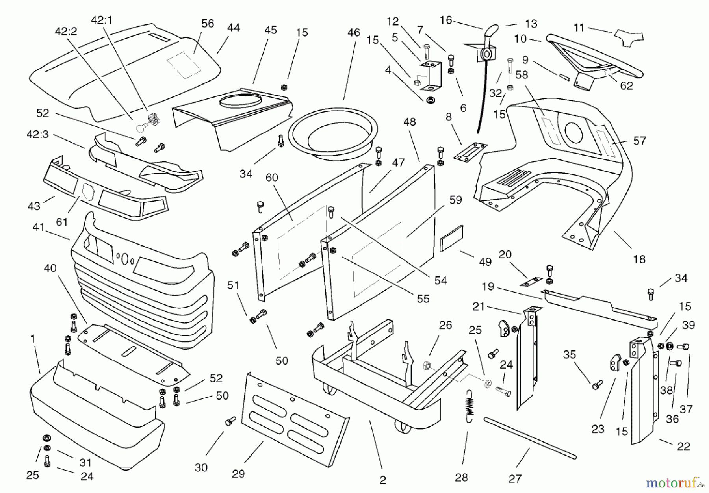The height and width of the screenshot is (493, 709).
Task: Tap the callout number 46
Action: click(x=354, y=33)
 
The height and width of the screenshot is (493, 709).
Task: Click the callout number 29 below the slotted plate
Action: click(x=238, y=474)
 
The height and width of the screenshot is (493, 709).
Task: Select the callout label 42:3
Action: click(x=37, y=134)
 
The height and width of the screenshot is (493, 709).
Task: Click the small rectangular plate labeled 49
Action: click(x=451, y=239)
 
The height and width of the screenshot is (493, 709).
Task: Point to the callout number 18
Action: click(x=639, y=259)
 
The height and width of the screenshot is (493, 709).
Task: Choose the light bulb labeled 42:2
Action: click(x=141, y=126)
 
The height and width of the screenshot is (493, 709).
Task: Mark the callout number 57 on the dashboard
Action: click(x=640, y=141)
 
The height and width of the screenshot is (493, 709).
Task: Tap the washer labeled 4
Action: click(x=430, y=100)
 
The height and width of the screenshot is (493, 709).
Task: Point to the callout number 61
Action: click(x=62, y=222)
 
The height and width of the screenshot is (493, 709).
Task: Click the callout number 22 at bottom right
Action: click(x=683, y=446)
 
